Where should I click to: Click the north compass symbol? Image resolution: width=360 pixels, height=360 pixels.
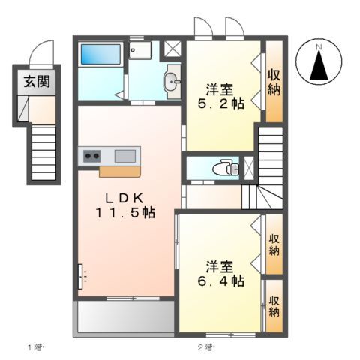(318, 63)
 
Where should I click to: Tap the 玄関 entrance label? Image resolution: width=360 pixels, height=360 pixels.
(35, 82)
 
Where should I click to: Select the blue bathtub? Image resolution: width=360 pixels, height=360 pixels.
(100, 54)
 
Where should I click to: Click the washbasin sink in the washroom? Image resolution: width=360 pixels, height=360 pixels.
(172, 82)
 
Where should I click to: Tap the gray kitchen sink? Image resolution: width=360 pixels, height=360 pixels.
(125, 156)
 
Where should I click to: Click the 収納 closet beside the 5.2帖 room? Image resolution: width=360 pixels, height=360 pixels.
(274, 82)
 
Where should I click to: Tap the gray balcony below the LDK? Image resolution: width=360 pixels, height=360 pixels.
(124, 317)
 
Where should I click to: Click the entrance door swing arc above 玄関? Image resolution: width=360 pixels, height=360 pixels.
(41, 54)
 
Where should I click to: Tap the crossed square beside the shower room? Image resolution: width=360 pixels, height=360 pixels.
(172, 49)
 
